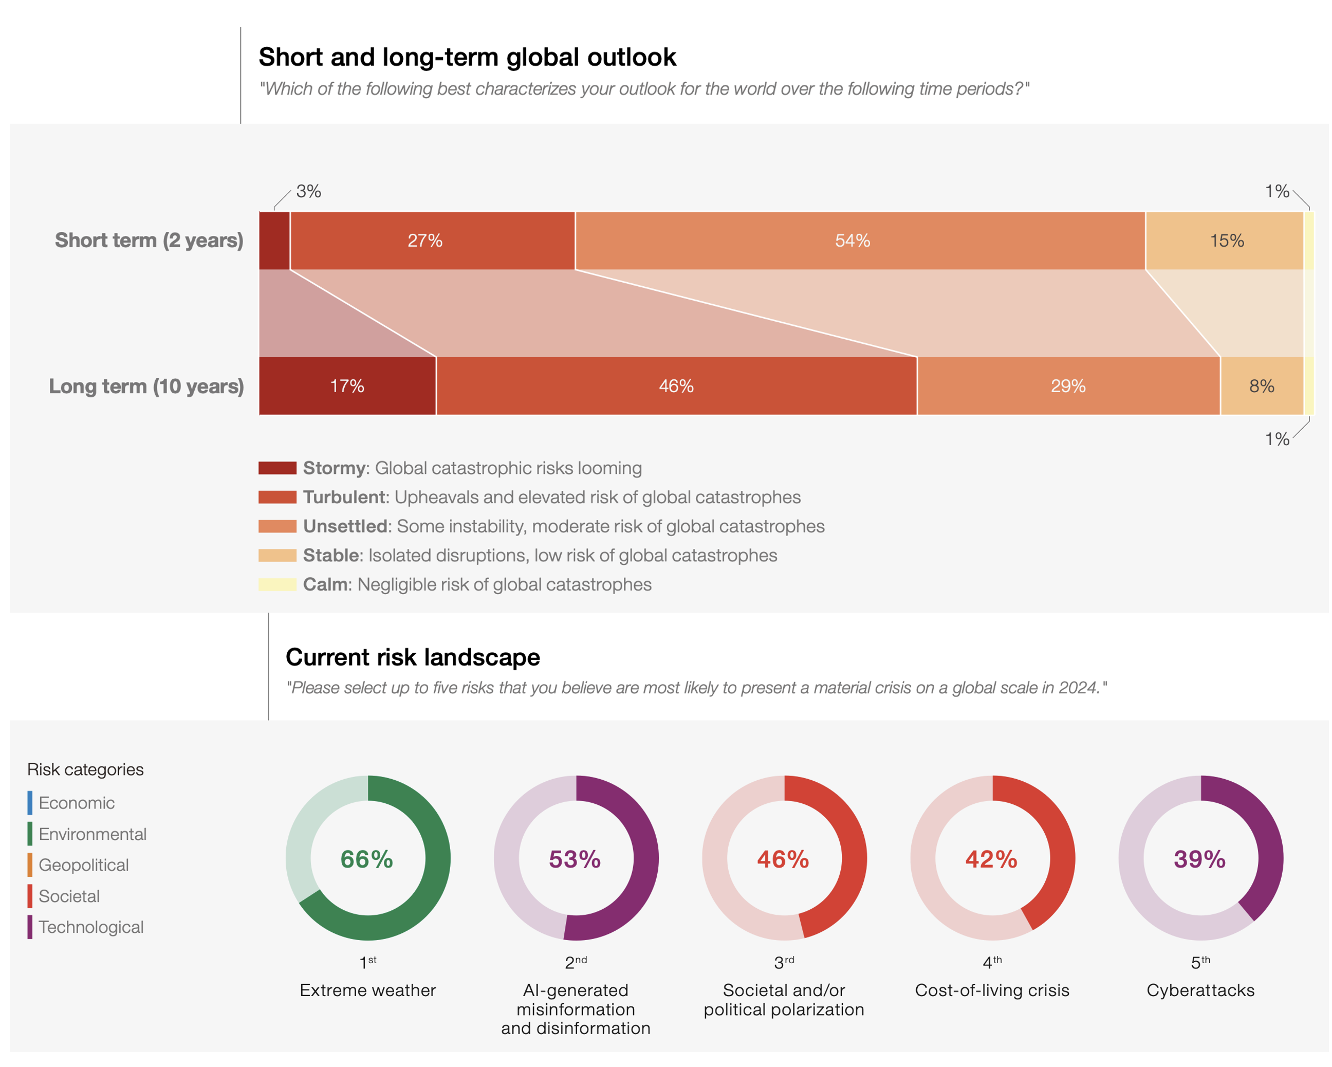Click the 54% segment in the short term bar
pyautogui.click(x=853, y=241)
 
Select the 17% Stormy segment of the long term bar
pyautogui.click(x=347, y=386)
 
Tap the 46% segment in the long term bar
pyautogui.click(x=676, y=386)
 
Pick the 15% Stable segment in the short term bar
pyautogui.click(x=1226, y=241)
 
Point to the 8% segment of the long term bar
pyautogui.click(x=1262, y=386)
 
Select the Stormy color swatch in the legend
pyautogui.click(x=277, y=468)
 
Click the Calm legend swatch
pyautogui.click(x=277, y=584)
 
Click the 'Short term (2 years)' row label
pyautogui.click(x=149, y=241)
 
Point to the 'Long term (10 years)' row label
pyautogui.click(x=146, y=386)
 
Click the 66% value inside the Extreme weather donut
pyautogui.click(x=367, y=859)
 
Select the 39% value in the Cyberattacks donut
pyautogui.click(x=1200, y=859)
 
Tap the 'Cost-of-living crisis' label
pyautogui.click(x=992, y=990)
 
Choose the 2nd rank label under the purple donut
pyautogui.click(x=576, y=962)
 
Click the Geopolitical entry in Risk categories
pyautogui.click(x=83, y=864)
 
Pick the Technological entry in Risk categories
pyautogui.click(x=91, y=927)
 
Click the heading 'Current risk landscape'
pyautogui.click(x=412, y=657)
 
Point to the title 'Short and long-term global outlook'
pyautogui.click(x=467, y=57)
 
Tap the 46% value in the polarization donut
pyautogui.click(x=783, y=859)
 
